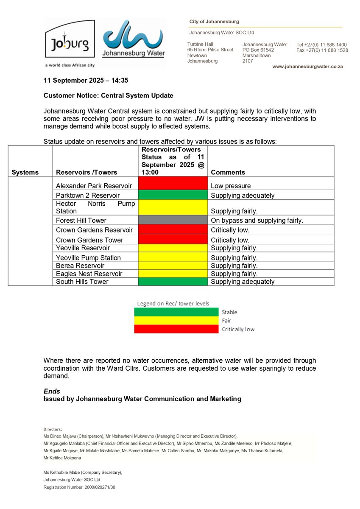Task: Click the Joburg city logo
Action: [70, 42]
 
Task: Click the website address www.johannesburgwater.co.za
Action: [307, 67]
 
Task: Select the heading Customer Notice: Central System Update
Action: [108, 95]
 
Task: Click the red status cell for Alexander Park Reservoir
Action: [173, 184]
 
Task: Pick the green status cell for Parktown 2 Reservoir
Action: [173, 196]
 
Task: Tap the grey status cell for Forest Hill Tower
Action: [173, 221]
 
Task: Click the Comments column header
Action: [228, 172]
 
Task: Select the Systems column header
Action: [25, 172]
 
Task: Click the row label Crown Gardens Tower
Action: [89, 240]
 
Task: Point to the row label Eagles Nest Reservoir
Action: [89, 274]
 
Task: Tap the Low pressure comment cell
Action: [231, 186]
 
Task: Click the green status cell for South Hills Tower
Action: [173, 282]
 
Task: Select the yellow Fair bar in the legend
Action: [176, 321]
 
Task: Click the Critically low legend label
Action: [238, 329]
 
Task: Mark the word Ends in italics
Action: [52, 391]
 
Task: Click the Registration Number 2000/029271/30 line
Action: [79, 487]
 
